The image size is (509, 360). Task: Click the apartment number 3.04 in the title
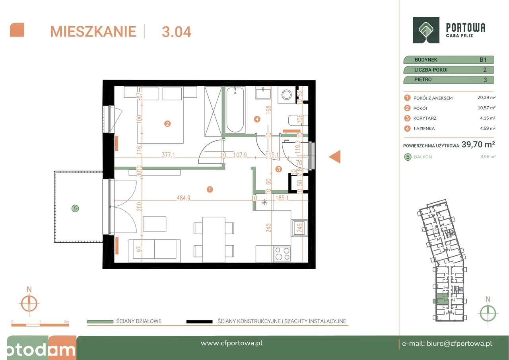tap(176, 31)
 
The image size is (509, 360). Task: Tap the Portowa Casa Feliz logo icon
tap(426, 30)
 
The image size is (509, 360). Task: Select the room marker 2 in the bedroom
tap(167, 124)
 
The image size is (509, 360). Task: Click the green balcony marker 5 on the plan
tap(74, 208)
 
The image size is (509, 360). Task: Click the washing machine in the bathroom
tap(286, 95)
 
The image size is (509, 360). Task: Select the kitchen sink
tap(299, 229)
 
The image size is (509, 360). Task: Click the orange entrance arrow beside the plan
tap(335, 157)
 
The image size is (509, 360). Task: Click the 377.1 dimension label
tap(158, 155)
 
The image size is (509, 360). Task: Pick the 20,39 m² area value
tap(486, 98)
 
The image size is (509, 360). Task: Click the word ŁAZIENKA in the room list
tap(424, 128)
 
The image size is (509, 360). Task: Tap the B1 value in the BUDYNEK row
tap(483, 60)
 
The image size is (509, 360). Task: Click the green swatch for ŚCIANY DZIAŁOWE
tap(100, 321)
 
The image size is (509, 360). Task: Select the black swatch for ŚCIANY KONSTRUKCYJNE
tap(199, 321)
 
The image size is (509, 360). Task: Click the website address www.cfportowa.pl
tap(231, 343)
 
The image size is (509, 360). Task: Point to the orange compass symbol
tap(29, 304)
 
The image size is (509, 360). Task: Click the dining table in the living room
tap(214, 239)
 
